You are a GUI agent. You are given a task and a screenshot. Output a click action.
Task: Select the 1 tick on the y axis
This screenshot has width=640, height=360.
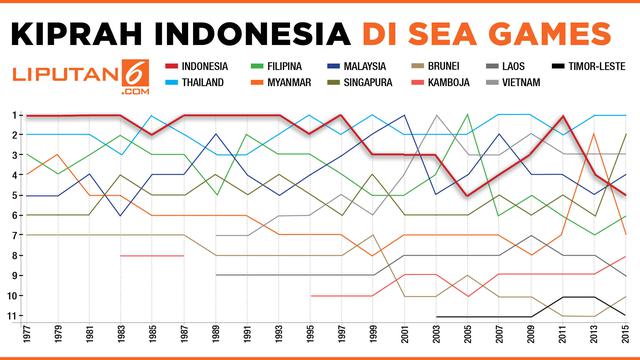tap(14, 115)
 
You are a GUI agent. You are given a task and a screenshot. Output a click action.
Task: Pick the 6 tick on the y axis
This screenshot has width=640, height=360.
tap(14, 215)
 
